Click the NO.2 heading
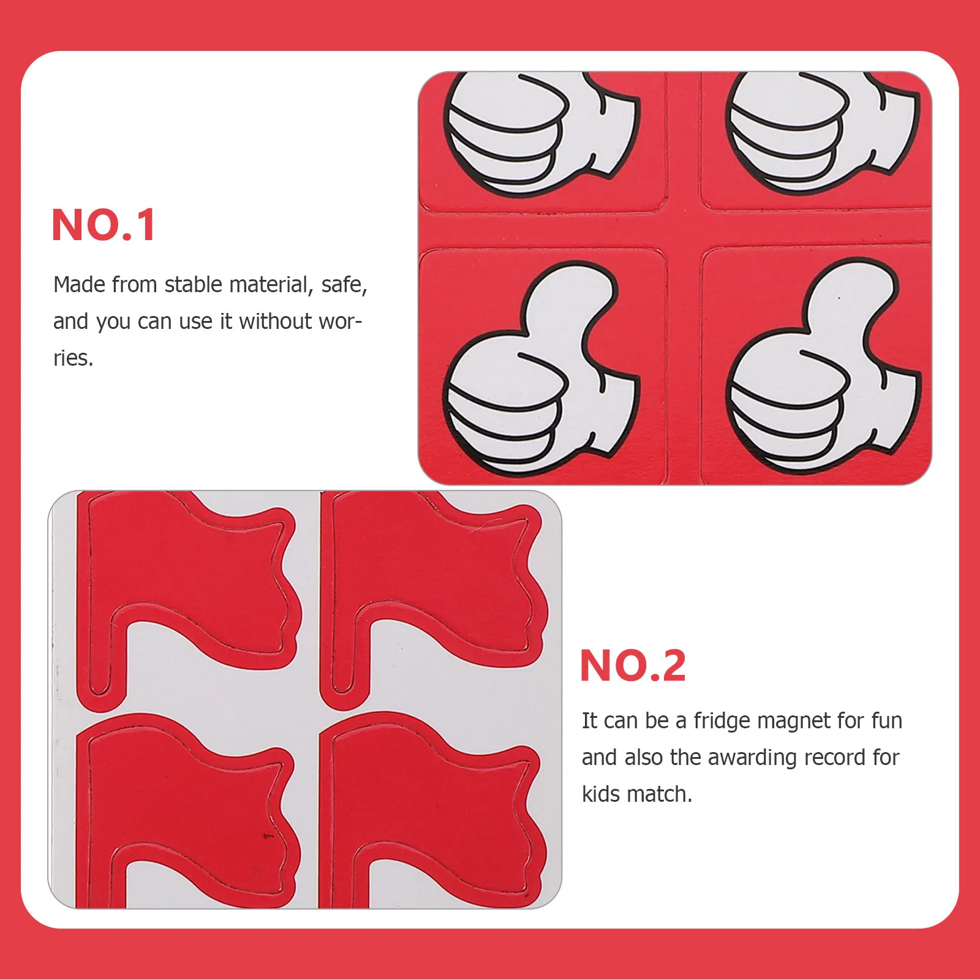632,666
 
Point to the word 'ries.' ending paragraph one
73,358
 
